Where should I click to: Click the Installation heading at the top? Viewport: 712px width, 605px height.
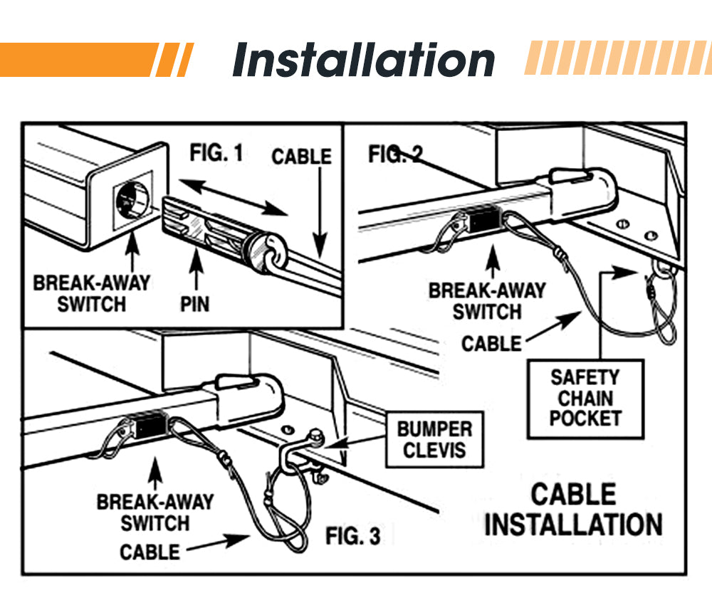pos(363,60)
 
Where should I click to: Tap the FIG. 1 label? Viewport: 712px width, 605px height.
pos(216,152)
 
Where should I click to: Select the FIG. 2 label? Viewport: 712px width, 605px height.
pos(396,154)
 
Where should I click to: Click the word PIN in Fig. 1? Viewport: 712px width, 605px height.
pos(194,303)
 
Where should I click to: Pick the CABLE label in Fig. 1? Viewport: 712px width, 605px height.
pos(301,156)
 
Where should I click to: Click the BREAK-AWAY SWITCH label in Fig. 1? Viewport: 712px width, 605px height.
pos(92,293)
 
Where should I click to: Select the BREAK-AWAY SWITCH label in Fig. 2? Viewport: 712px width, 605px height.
pos(487,301)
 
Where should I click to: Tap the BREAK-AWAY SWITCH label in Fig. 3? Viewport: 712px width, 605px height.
pos(155,512)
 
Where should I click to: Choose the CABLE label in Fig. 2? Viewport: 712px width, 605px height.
pos(491,344)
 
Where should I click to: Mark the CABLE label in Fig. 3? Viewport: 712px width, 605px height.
pos(150,552)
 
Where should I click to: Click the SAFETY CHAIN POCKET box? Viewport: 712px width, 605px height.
pos(585,398)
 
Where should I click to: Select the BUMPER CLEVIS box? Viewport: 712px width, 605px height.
pos(434,439)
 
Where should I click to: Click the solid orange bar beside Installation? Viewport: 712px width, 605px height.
pos(78,60)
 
